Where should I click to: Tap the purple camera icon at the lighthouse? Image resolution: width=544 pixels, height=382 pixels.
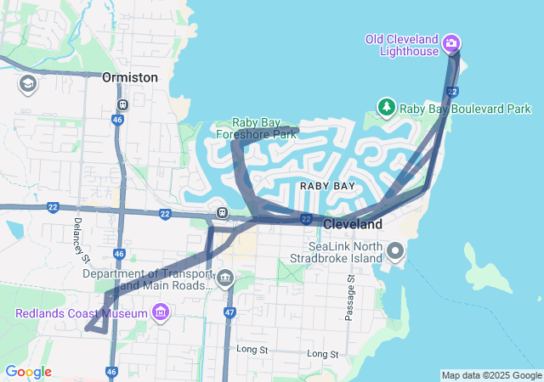(x=451, y=43)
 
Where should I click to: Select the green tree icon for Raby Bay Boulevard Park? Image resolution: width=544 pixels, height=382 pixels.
(x=387, y=107)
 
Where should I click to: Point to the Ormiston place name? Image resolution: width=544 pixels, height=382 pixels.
(x=130, y=77)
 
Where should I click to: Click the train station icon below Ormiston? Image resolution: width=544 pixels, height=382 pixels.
(x=123, y=105)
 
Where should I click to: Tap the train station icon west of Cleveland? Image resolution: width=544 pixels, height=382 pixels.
(x=222, y=212)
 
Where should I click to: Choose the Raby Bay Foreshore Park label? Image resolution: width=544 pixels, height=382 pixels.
(x=267, y=127)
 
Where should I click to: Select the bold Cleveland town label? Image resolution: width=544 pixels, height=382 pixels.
(x=353, y=224)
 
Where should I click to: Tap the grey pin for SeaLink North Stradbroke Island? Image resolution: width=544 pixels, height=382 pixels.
(x=395, y=250)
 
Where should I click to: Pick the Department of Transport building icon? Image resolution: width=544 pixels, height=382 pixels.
(x=225, y=278)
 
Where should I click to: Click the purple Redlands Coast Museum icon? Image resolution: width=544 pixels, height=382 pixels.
(x=160, y=314)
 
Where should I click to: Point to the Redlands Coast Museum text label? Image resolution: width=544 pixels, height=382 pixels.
(x=82, y=314)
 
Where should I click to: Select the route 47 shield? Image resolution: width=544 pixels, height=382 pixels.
(x=229, y=312)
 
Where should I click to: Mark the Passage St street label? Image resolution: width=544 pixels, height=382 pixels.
(x=349, y=297)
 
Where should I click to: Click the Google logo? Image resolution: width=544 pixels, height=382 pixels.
(x=28, y=372)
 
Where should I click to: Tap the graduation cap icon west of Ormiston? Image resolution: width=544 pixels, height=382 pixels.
(x=27, y=84)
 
